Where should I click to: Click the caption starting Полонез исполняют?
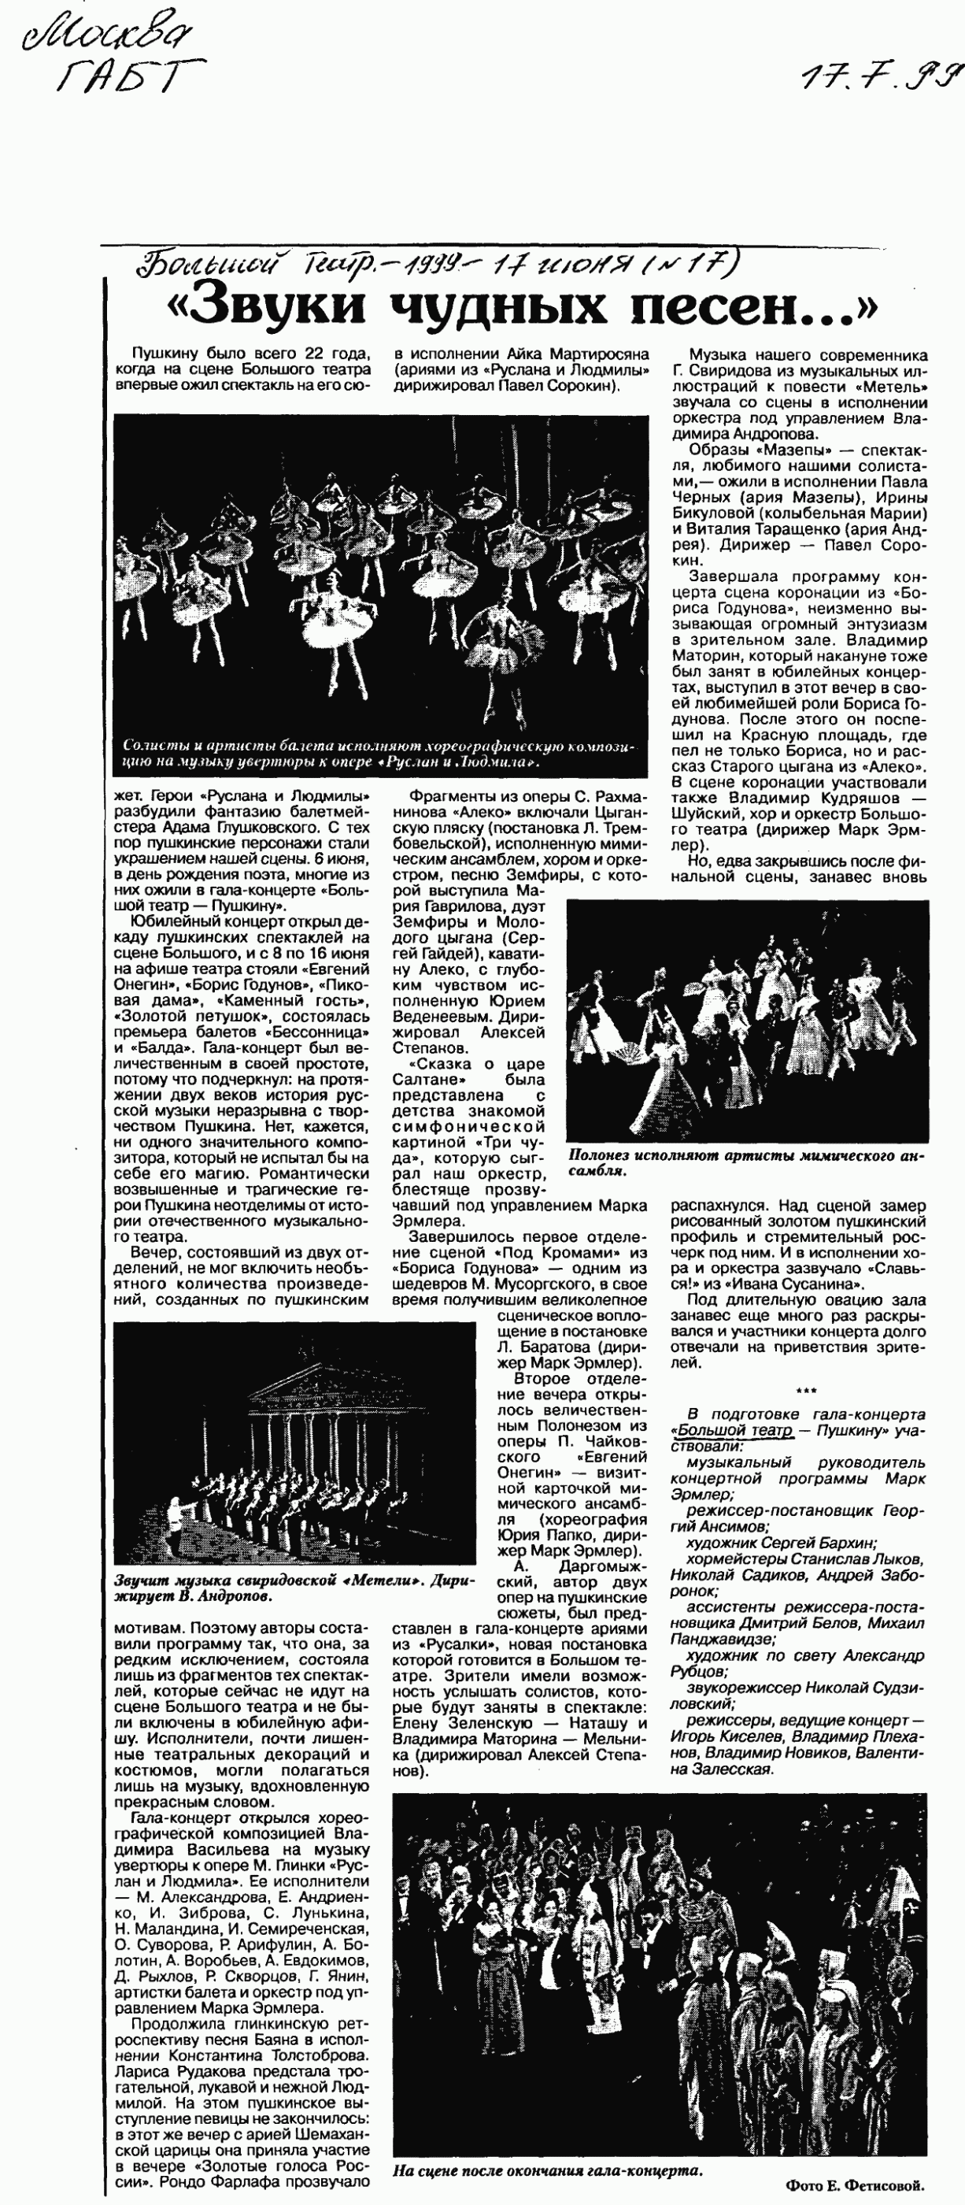tap(745, 1162)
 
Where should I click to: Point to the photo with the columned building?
tap(294, 1443)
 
